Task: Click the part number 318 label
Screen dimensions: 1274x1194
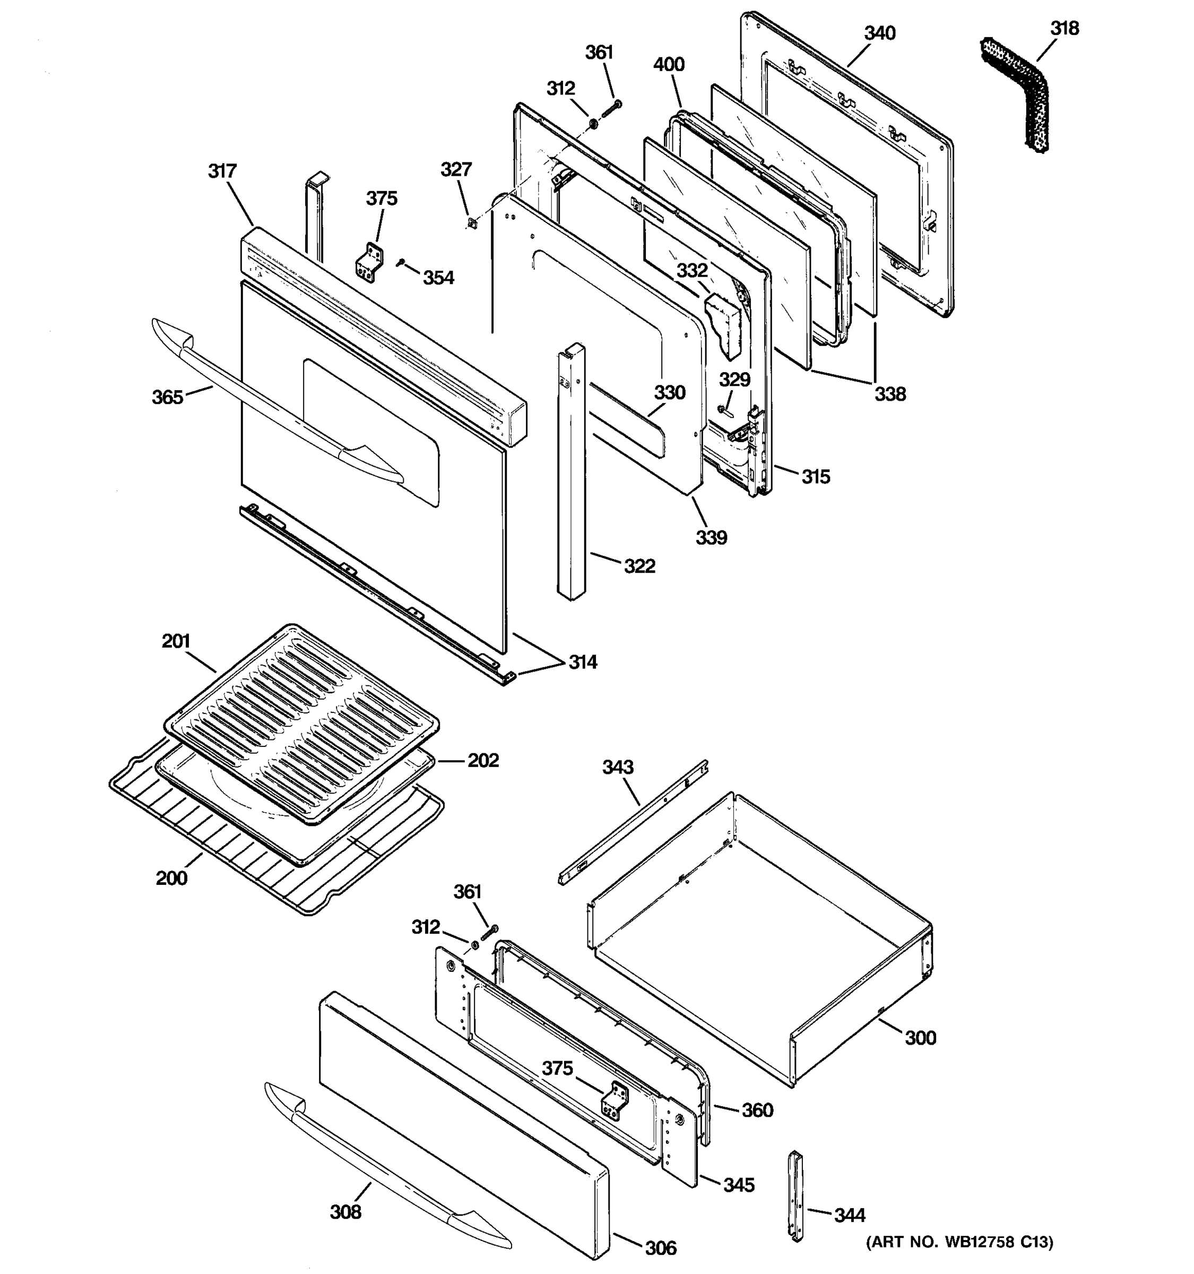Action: pos(1064,28)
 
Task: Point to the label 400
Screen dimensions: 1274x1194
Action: pos(669,64)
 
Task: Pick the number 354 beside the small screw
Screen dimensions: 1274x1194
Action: pos(438,278)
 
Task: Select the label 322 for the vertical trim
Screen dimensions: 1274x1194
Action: pos(639,566)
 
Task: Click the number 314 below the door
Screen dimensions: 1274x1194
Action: pos(583,662)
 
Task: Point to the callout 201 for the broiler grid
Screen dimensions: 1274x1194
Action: pos(176,641)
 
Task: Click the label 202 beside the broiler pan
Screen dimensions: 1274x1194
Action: pos(483,760)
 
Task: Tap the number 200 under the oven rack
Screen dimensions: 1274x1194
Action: pos(171,877)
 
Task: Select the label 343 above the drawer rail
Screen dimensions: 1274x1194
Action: pos(618,767)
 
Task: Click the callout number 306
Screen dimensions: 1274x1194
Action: pos(661,1248)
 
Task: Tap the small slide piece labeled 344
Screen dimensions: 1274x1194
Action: pos(795,1205)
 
